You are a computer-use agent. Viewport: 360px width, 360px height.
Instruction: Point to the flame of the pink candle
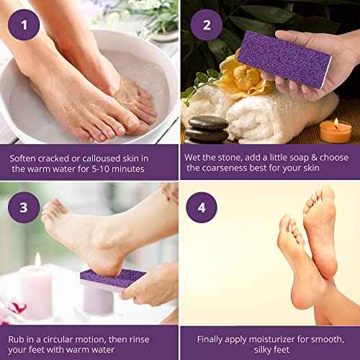point(37,260)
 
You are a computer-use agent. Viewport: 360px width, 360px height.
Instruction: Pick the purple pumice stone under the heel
point(108,277)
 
